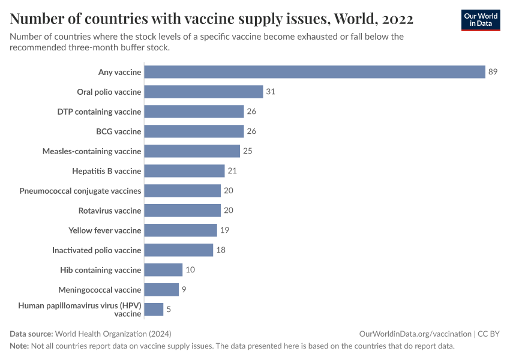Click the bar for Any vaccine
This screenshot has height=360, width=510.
click(314, 72)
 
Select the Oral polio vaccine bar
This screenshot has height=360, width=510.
click(203, 92)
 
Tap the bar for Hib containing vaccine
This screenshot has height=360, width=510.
click(163, 270)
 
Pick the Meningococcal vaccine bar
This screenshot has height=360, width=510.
click(161, 290)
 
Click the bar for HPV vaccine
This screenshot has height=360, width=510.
click(154, 310)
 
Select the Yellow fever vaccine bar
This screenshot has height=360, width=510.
click(181, 230)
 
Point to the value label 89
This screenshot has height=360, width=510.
click(493, 72)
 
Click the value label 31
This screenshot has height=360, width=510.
click(271, 92)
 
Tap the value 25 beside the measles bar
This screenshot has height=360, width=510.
click(247, 151)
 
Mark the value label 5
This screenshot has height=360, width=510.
click(169, 310)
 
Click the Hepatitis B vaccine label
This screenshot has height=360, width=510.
click(106, 171)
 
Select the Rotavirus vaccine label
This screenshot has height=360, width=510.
click(110, 211)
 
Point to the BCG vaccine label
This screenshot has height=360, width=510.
click(119, 131)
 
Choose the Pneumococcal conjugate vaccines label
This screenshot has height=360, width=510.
click(80, 191)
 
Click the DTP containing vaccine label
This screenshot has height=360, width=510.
click(99, 112)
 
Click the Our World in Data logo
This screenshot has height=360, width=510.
click(481, 20)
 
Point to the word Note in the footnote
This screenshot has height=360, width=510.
click(19, 346)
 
